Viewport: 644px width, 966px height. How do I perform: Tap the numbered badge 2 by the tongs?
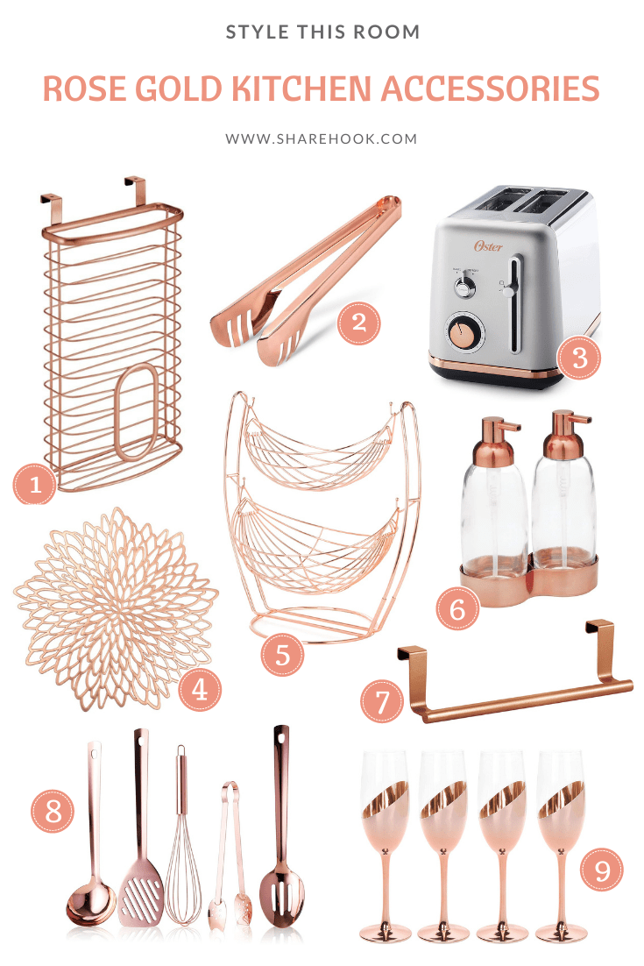(x=359, y=323)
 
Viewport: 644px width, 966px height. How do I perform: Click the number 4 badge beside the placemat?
(x=200, y=690)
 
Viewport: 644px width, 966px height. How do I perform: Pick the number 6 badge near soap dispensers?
(x=457, y=609)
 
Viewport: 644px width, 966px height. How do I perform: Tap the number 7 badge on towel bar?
(x=384, y=701)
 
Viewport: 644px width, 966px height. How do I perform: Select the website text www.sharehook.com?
(x=322, y=139)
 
